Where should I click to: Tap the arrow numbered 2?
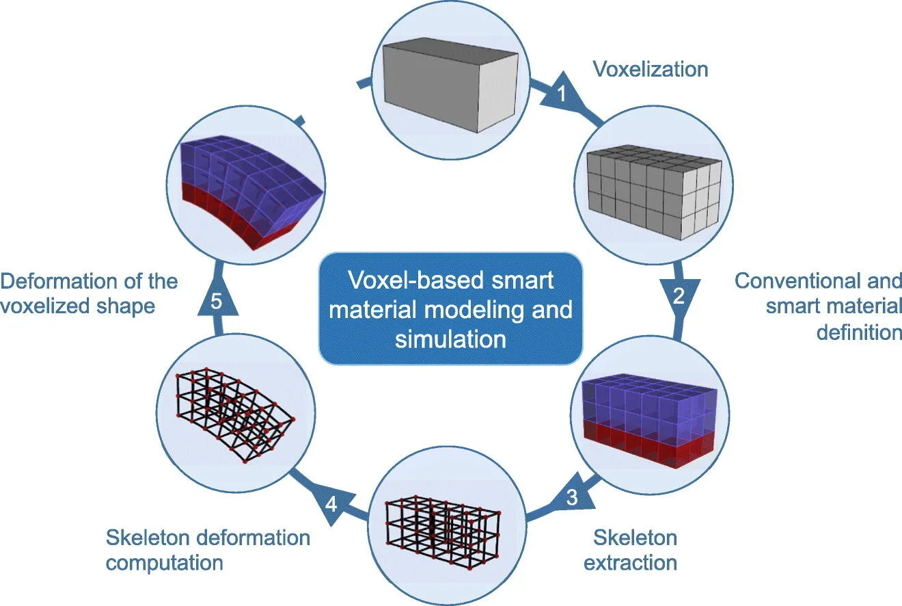click(x=679, y=295)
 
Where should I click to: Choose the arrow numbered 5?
click(x=215, y=302)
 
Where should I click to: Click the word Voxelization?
click(x=650, y=69)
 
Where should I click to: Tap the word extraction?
click(x=635, y=562)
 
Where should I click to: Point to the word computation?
click(x=164, y=563)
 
